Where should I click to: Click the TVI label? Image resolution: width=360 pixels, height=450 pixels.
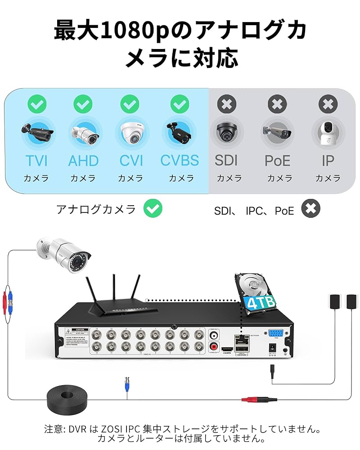(x=36, y=160)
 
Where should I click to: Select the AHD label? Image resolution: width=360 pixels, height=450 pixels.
(x=83, y=160)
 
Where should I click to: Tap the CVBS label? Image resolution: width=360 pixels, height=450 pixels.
(x=180, y=160)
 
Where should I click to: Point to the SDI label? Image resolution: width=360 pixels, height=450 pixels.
(x=226, y=160)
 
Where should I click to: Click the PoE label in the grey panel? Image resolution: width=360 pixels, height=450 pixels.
(x=278, y=160)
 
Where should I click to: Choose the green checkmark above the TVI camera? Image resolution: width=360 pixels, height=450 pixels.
(x=36, y=104)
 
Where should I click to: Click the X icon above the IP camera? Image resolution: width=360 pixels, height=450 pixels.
(x=328, y=104)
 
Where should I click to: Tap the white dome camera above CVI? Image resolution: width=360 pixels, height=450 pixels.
(x=131, y=132)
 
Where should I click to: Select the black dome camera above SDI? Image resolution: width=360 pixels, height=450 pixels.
(x=227, y=132)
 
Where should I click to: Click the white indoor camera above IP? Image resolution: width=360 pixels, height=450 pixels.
(x=328, y=132)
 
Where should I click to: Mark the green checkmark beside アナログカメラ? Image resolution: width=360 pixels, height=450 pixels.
(x=153, y=208)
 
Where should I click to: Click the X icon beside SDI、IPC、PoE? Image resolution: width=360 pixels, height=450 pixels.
(x=310, y=208)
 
